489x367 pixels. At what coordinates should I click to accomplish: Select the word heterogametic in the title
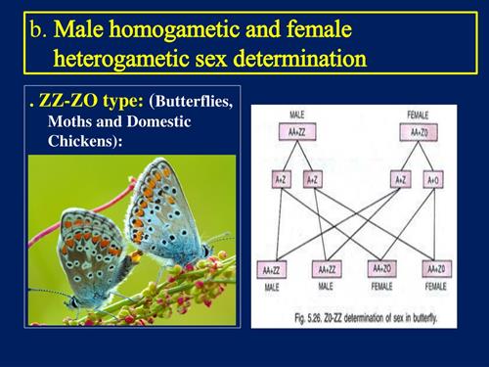point(127,59)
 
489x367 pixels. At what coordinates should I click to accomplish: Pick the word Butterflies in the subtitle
point(193,103)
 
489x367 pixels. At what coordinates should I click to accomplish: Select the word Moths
point(68,120)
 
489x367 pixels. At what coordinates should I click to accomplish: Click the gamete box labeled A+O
point(430,180)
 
